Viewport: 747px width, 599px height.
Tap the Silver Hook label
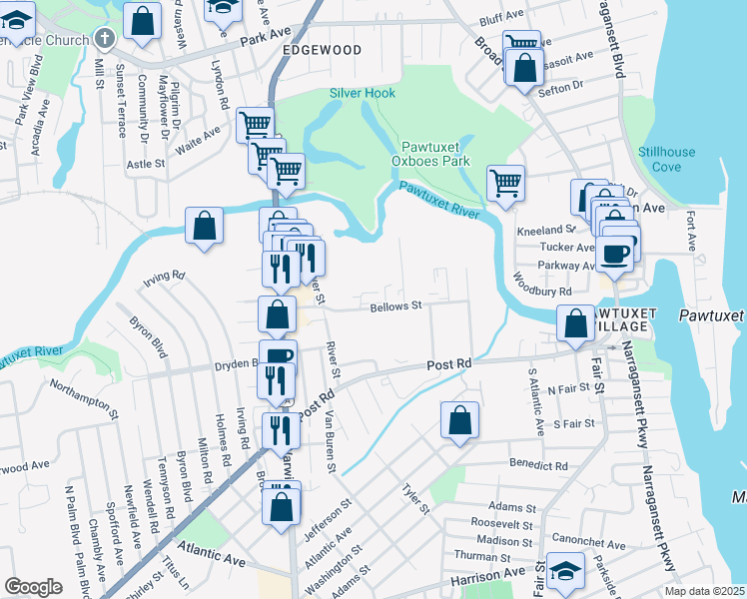pos(363,93)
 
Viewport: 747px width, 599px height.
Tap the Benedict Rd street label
pos(538,465)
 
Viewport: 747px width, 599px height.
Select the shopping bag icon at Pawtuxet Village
pos(575,323)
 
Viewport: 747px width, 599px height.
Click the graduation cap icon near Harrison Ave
pos(565,574)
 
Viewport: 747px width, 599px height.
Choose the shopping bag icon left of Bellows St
pos(278,314)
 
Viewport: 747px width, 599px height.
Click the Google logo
pos(33,587)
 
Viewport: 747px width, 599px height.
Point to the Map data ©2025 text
pos(704,591)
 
